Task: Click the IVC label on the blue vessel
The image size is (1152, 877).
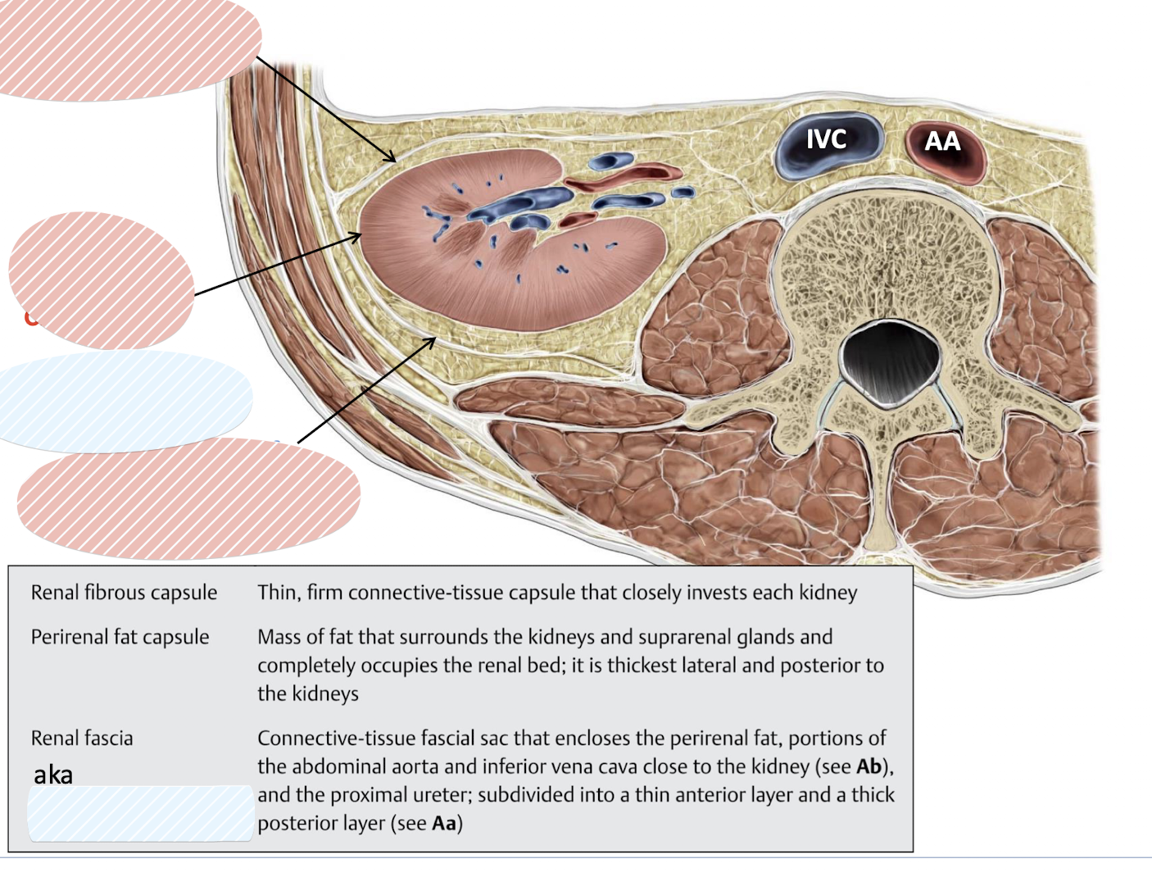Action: tap(825, 139)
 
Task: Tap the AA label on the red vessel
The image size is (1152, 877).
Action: tap(942, 142)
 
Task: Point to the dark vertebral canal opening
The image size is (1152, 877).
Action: tap(890, 361)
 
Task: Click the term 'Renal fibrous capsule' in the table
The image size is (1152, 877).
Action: tap(124, 593)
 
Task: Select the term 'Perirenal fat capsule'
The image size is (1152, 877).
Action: tap(120, 637)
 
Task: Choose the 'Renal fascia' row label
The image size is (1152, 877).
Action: tap(82, 738)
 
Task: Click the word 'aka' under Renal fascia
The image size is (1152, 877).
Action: tap(53, 775)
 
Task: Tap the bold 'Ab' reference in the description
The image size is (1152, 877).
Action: tap(869, 766)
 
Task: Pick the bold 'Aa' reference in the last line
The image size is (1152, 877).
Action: tap(444, 823)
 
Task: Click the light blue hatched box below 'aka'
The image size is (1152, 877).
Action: tap(140, 813)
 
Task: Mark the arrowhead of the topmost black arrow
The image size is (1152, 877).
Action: tap(393, 160)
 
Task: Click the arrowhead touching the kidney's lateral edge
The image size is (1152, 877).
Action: tap(359, 236)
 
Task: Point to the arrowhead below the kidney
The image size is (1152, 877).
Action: tap(433, 339)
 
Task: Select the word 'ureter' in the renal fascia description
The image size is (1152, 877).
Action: tap(443, 795)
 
